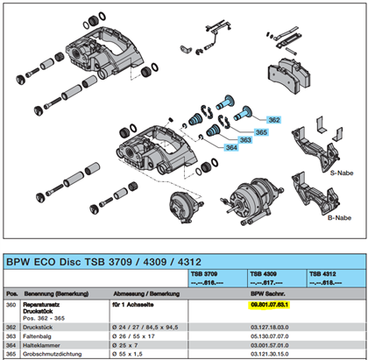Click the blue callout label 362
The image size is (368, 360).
tap(273, 119)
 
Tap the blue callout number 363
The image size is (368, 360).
tap(245, 138)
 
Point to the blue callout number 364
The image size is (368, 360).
tap(230, 147)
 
